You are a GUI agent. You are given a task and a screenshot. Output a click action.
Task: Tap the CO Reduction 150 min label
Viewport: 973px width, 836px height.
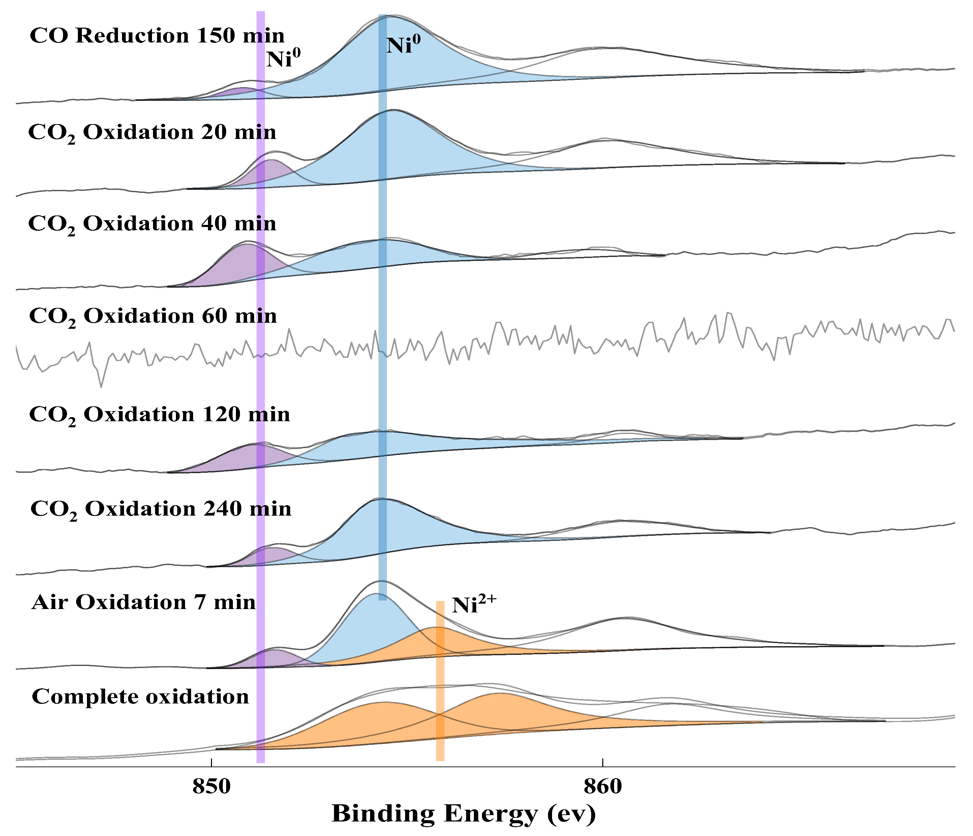point(157,36)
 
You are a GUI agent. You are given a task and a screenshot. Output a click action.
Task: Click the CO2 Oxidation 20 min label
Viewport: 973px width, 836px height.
point(152,133)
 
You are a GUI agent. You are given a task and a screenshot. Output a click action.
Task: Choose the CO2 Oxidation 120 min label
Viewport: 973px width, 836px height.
point(159,415)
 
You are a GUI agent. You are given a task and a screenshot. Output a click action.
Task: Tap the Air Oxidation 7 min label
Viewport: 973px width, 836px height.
point(143,602)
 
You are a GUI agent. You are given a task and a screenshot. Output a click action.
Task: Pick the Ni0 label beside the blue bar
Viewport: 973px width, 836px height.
point(403,46)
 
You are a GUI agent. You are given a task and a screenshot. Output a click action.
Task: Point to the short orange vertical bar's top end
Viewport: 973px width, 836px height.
point(440,603)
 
